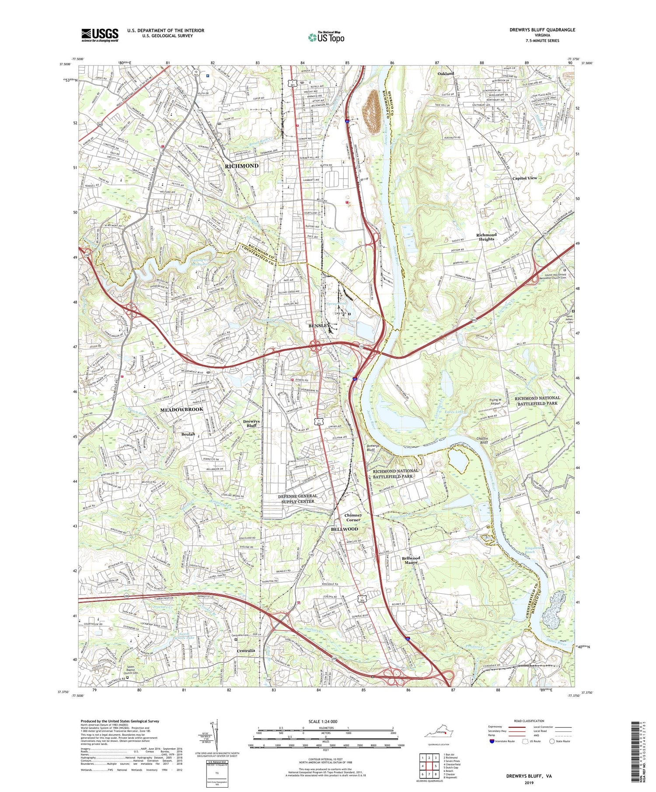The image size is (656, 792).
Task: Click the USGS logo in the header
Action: tap(100, 35)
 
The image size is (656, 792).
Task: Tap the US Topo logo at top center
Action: tap(326, 37)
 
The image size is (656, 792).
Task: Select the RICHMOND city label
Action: tap(241, 166)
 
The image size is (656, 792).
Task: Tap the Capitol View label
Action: tap(525, 178)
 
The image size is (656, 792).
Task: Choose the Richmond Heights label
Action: tap(486, 237)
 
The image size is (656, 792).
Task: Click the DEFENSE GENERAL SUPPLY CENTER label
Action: tap(297, 498)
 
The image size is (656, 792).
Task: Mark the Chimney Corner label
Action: tap(353, 517)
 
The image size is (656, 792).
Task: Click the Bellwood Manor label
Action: tap(411, 560)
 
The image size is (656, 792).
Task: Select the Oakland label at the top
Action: tap(446, 74)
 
